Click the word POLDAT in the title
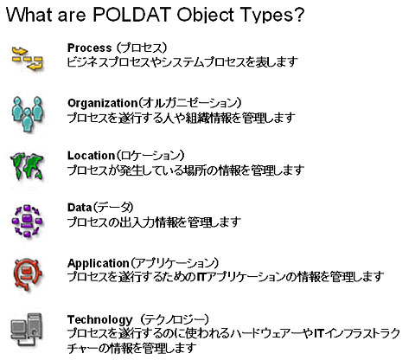point(133,15)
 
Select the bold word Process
point(89,48)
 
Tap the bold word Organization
point(102,103)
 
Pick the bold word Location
point(91,156)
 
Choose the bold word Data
point(80,208)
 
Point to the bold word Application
point(98,263)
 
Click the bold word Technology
point(99,319)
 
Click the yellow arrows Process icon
point(28,58)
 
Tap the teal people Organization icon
point(28,114)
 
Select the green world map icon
point(27,166)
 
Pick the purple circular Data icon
point(27,222)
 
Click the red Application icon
point(28,274)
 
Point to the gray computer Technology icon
point(27,330)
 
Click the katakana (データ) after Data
point(113,208)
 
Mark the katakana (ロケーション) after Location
point(150,156)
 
